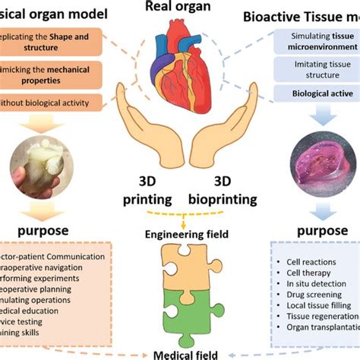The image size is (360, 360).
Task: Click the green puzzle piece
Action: coord(180,311)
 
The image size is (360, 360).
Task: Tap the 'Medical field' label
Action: coord(180,353)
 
